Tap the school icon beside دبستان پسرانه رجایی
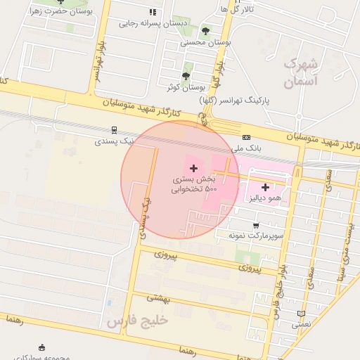[x=153, y=12]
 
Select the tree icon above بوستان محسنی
[x=205, y=31]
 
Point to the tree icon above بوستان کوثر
[x=186, y=76]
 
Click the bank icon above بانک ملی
[x=246, y=137]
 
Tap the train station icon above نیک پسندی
[x=113, y=130]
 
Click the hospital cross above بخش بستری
[x=193, y=168]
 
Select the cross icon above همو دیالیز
[x=265, y=187]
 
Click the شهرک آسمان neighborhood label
[x=301, y=73]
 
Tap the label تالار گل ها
[x=235, y=9]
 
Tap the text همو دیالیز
[x=265, y=199]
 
